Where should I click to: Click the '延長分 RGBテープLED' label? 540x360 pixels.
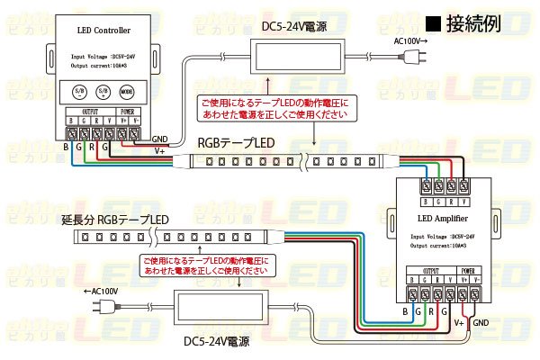tap(114, 220)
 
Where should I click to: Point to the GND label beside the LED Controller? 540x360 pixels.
tap(160, 139)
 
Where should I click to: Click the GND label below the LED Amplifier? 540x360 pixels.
tap(481, 322)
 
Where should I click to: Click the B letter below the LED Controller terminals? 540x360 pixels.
tap(67, 146)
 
